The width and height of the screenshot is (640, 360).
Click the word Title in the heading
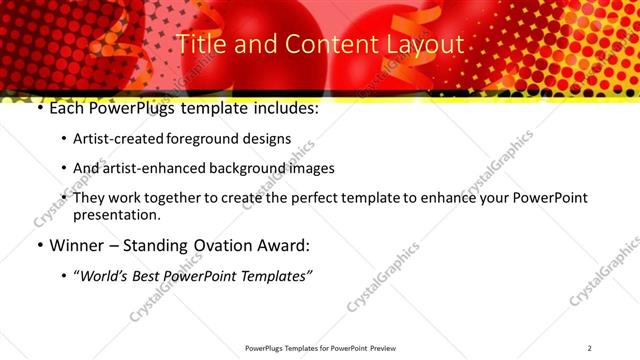coord(201,45)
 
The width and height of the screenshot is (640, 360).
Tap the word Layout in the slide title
coord(425,45)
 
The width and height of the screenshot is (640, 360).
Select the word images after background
coord(307,168)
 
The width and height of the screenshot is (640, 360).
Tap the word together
coord(178,198)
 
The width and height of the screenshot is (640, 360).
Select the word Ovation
coord(233,245)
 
